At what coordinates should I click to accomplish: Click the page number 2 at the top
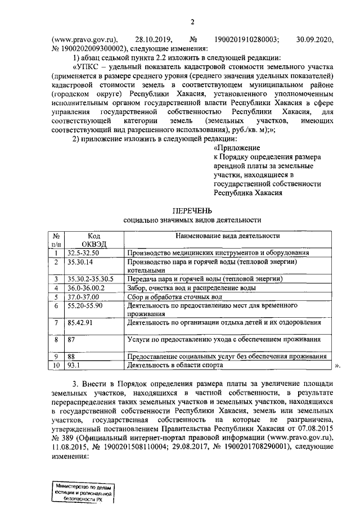tap(192, 22)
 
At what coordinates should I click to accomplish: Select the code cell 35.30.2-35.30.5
tap(90, 279)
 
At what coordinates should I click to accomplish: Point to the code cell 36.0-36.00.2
tap(85, 287)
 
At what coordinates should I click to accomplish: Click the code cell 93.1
tap(73, 366)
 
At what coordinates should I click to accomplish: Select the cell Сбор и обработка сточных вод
tap(178, 296)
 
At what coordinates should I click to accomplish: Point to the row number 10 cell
tap(56, 366)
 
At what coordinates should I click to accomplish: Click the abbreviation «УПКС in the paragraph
tap(85, 67)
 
